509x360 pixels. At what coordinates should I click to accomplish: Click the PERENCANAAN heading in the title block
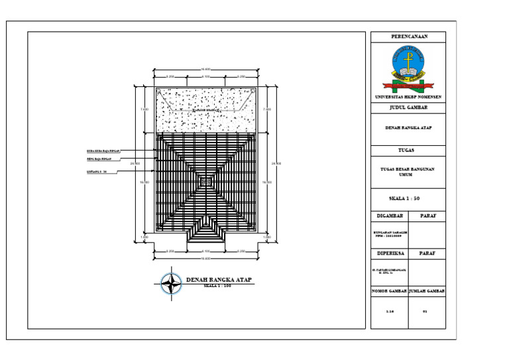click(408, 36)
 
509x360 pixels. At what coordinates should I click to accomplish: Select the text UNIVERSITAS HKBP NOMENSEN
click(408, 97)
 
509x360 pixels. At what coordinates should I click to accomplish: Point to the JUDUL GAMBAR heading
click(408, 107)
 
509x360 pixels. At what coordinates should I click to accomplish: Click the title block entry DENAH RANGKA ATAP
click(408, 128)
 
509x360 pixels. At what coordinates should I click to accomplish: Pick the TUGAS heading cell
click(408, 150)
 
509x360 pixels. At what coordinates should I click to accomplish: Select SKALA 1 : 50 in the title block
click(408, 198)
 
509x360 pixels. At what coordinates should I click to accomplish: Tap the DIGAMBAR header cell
click(390, 216)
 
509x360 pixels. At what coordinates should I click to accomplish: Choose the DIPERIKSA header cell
click(390, 253)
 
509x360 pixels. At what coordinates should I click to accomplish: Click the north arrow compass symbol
click(172, 284)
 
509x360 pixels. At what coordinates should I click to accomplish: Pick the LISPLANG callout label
click(97, 172)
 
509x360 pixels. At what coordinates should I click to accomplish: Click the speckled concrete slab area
click(206, 111)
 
